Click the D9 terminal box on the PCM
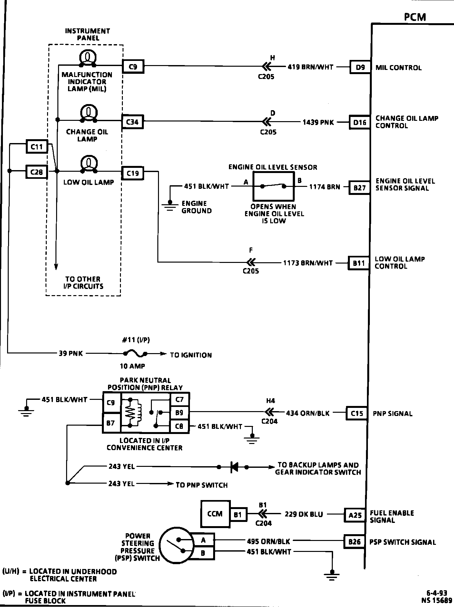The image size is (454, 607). (x=360, y=67)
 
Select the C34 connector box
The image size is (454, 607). (x=133, y=122)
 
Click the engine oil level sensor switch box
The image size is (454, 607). (x=273, y=186)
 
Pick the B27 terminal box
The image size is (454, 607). (x=359, y=188)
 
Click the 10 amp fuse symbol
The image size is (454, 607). (x=135, y=354)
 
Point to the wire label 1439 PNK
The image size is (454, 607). (x=318, y=122)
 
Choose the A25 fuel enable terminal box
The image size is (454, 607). (x=355, y=515)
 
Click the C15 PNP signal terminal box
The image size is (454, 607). (x=357, y=413)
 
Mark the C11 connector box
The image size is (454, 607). (x=36, y=147)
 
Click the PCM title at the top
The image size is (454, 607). (x=415, y=17)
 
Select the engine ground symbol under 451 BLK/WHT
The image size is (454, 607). (x=171, y=205)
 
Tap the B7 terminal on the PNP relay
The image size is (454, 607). (x=111, y=423)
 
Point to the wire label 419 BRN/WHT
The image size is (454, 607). (x=311, y=67)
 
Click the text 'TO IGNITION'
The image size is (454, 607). (x=191, y=355)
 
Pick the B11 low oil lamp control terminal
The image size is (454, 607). (x=358, y=263)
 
